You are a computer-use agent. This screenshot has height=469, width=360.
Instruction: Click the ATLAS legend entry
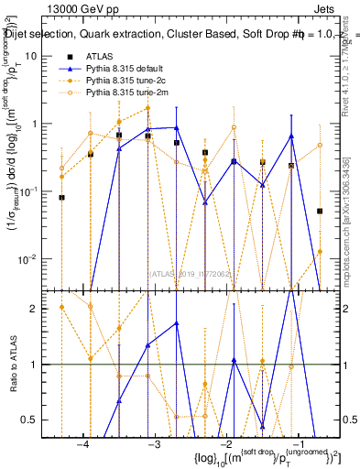pyautogui.click(x=99, y=57)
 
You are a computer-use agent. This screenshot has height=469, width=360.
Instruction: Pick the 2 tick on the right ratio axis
pyautogui.click(x=339, y=309)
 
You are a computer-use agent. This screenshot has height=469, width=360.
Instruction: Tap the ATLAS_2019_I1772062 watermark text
pyautogui.click(x=191, y=272)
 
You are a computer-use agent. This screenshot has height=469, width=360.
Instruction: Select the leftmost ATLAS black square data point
pyautogui.click(x=62, y=197)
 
